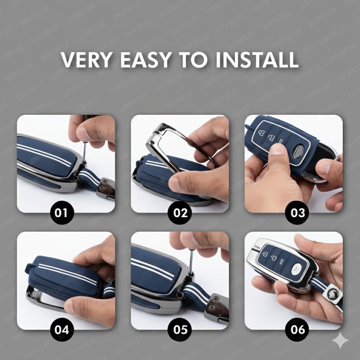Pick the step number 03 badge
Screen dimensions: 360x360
297,213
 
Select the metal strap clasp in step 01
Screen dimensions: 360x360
106,188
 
